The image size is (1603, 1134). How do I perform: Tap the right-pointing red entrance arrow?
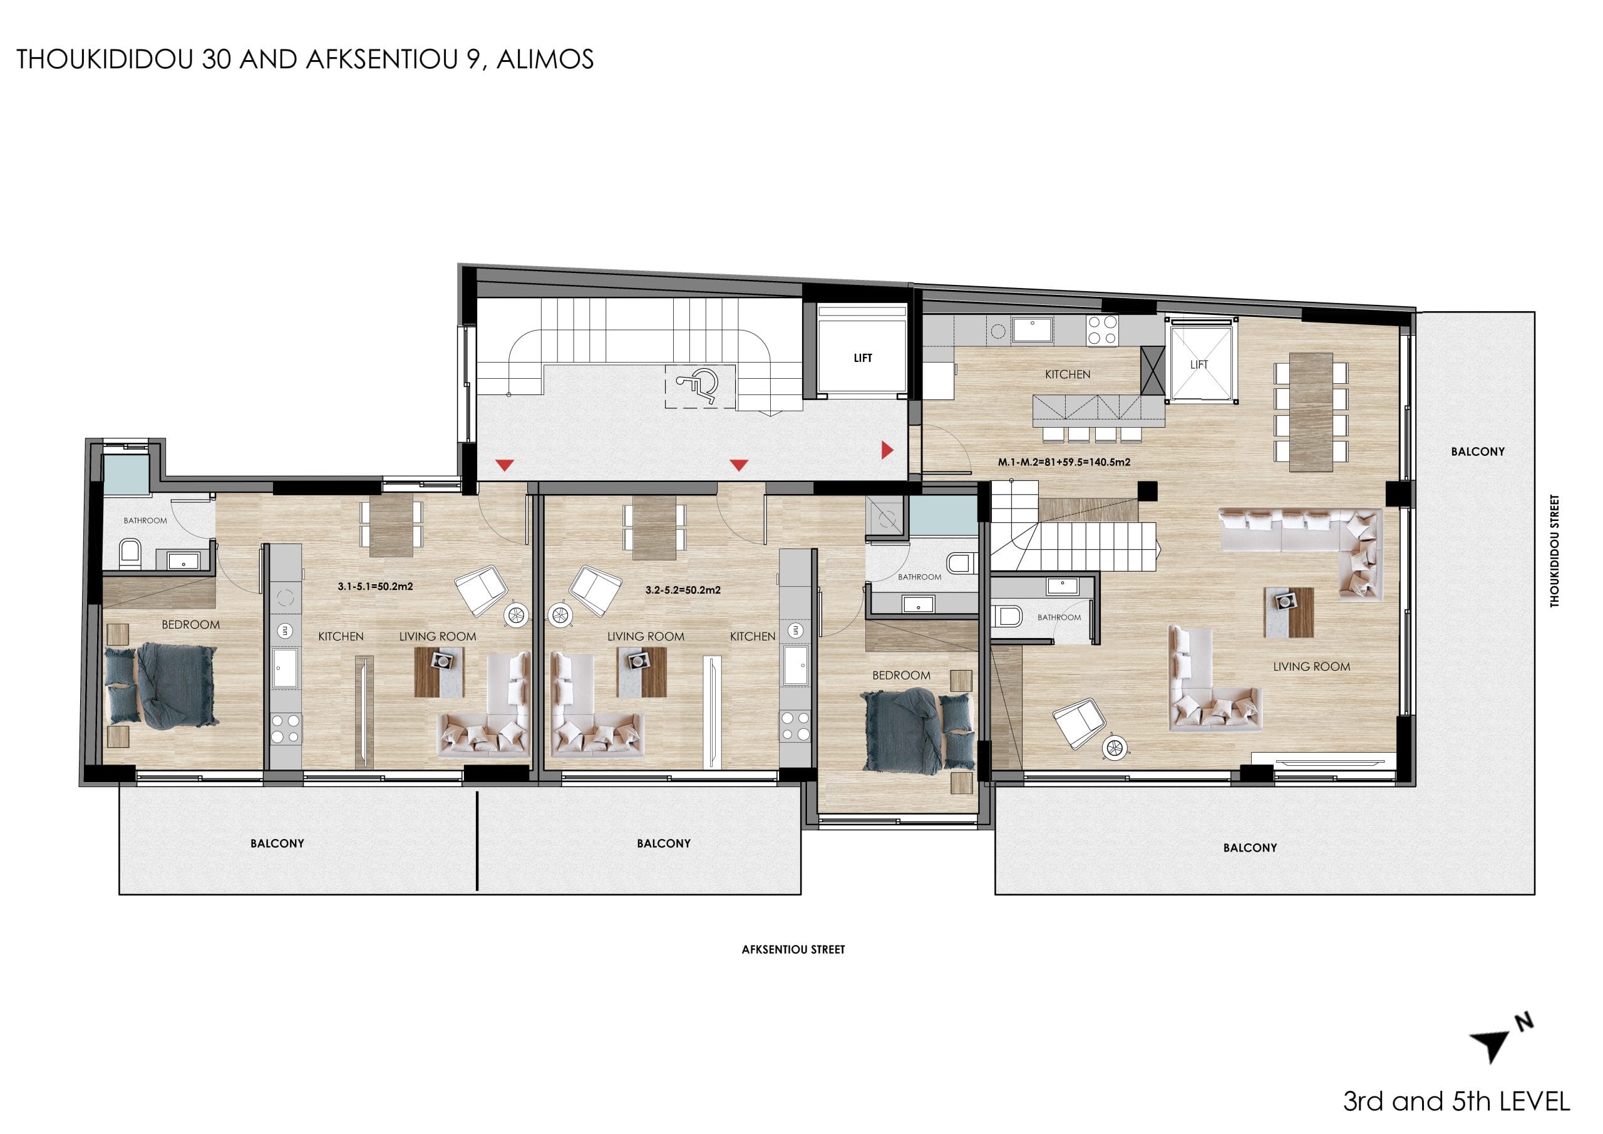[x=887, y=450]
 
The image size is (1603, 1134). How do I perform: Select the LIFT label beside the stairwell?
[x=863, y=358]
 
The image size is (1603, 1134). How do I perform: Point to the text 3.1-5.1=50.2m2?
[x=376, y=587]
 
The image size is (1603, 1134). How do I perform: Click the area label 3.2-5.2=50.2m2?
[x=683, y=590]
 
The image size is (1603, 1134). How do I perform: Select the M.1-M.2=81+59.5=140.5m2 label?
[x=1064, y=462]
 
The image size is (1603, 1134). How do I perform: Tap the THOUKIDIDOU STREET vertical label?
[x=1554, y=551]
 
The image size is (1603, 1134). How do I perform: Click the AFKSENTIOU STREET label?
[x=793, y=950]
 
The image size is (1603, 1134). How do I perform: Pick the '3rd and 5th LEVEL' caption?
[x=1456, y=1102]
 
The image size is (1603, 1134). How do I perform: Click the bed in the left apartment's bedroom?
[x=162, y=686]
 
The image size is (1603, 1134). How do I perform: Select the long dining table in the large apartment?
[x=1311, y=412]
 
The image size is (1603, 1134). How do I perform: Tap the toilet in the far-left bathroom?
[x=130, y=554]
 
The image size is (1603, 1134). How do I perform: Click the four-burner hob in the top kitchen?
[x=1101, y=329]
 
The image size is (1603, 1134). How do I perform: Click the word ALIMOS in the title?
[x=545, y=59]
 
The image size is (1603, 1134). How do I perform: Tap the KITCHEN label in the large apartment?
[x=1068, y=374]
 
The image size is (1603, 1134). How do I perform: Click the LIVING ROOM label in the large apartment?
[x=1312, y=667]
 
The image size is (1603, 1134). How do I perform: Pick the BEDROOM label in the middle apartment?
[x=901, y=675]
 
